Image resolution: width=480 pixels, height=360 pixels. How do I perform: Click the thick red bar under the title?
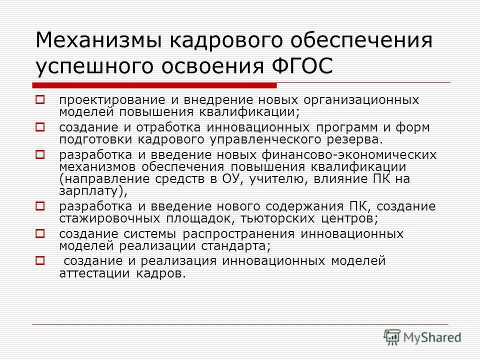(x=154, y=84)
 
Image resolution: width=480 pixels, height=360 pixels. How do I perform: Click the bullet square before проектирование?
(x=40, y=100)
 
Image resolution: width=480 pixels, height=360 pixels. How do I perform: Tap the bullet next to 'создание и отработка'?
(x=40, y=127)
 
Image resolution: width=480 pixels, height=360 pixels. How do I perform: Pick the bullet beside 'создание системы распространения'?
(x=40, y=233)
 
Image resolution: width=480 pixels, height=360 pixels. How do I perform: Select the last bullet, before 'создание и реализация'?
(x=40, y=260)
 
